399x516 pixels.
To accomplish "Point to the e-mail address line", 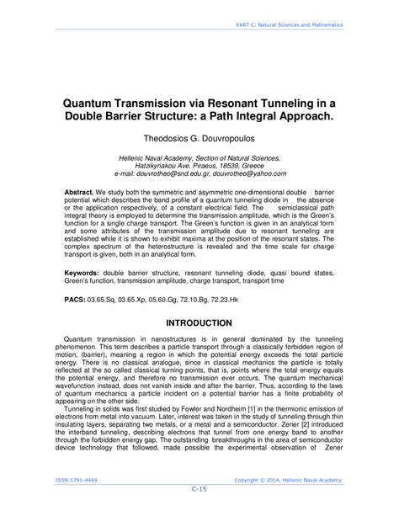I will (x=199, y=173).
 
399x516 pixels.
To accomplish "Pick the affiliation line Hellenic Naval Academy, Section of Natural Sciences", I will (x=199, y=157).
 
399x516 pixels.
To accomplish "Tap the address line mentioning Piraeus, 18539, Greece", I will (x=199, y=166).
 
